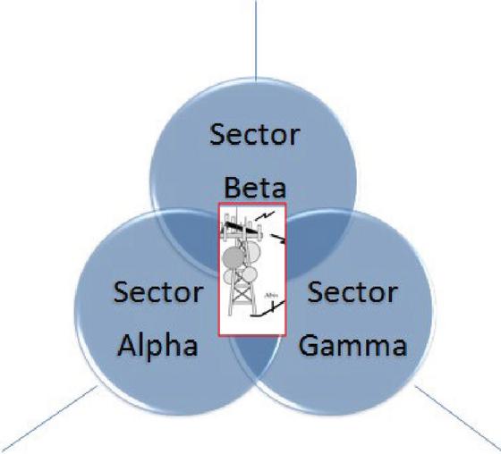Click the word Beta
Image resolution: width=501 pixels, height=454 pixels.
coord(255,188)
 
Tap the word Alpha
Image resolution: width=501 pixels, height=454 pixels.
coord(157,347)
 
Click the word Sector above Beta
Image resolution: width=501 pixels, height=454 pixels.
coord(255,135)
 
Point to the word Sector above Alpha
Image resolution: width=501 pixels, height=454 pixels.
coord(158,292)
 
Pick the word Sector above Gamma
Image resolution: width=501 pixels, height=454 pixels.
coord(352,292)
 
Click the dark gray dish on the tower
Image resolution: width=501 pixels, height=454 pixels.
coord(234,258)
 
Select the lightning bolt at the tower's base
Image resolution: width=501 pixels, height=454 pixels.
coord(267,309)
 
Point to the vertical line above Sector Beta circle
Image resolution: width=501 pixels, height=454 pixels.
coord(256,41)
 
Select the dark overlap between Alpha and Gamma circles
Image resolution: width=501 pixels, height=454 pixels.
coord(258,357)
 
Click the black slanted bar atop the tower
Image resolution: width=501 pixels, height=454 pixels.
coord(241,227)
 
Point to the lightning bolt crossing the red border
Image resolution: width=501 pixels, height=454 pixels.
coord(277,239)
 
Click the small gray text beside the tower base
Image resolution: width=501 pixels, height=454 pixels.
coord(269,295)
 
